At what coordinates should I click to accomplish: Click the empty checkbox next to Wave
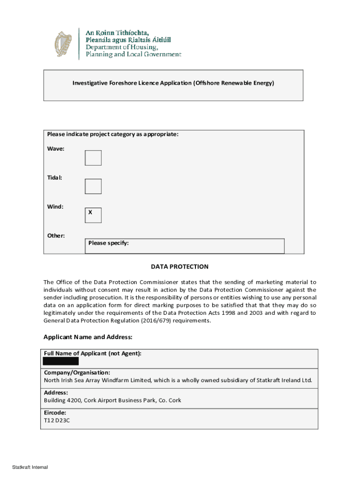pyautogui.click(x=93, y=158)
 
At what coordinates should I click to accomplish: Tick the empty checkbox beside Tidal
pyautogui.click(x=93, y=186)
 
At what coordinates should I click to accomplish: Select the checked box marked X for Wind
pyautogui.click(x=93, y=215)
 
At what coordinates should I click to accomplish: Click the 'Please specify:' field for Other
pyautogui.click(x=185, y=246)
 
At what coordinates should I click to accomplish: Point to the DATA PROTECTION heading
pyautogui.click(x=180, y=267)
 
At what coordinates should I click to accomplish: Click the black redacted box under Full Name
pyautogui.click(x=61, y=361)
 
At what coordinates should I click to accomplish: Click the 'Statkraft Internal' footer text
pyautogui.click(x=30, y=467)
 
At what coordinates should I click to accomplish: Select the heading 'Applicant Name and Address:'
pyautogui.click(x=88, y=337)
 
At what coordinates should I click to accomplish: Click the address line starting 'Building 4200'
pyautogui.click(x=112, y=400)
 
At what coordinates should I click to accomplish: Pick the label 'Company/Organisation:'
pyautogui.click(x=77, y=373)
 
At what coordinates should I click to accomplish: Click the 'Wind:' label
pyautogui.click(x=56, y=206)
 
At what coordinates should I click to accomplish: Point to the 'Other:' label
pyautogui.click(x=56, y=235)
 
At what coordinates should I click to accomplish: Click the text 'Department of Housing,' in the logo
pyautogui.click(x=122, y=47)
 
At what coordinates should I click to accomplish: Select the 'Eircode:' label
pyautogui.click(x=55, y=413)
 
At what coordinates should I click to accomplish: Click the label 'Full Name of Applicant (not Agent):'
pyautogui.click(x=93, y=353)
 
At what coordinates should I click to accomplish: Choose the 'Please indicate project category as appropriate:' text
pyautogui.click(x=113, y=134)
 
